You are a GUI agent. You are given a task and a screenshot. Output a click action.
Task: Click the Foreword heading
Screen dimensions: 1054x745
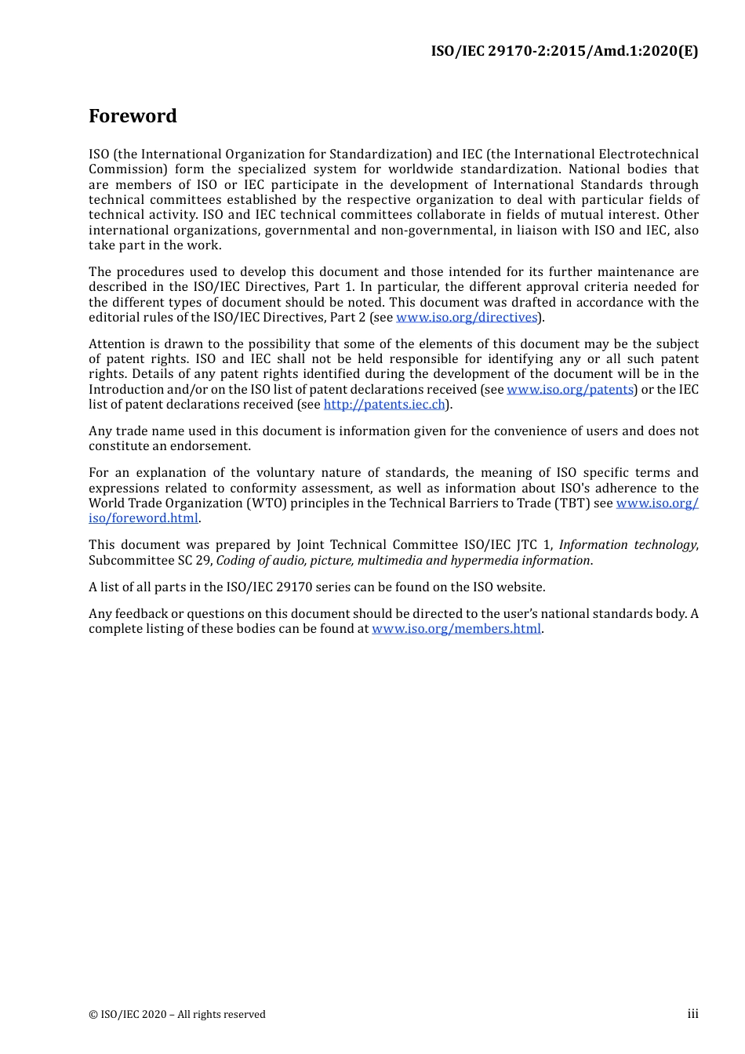pyautogui.click(x=133, y=116)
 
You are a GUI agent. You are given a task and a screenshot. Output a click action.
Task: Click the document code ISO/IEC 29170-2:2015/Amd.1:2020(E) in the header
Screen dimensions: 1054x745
pyautogui.click(x=564, y=51)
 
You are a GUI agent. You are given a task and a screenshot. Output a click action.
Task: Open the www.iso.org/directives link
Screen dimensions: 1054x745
pyautogui.click(x=467, y=318)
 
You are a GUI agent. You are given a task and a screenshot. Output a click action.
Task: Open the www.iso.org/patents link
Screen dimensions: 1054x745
pyautogui.click(x=570, y=390)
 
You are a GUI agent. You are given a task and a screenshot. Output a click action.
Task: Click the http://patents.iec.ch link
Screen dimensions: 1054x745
pyautogui.click(x=384, y=405)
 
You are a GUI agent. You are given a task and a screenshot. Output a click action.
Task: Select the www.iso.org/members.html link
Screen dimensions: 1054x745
pyautogui.click(x=456, y=629)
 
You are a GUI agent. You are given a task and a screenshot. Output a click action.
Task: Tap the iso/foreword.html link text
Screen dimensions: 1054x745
pyautogui.click(x=144, y=518)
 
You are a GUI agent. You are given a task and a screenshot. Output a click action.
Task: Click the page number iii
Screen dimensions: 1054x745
pyautogui.click(x=692, y=1014)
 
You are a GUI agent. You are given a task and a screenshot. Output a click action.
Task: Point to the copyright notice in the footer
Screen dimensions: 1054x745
pyautogui.click(x=177, y=1015)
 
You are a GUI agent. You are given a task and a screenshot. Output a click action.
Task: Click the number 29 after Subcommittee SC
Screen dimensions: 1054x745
pyautogui.click(x=204, y=561)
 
